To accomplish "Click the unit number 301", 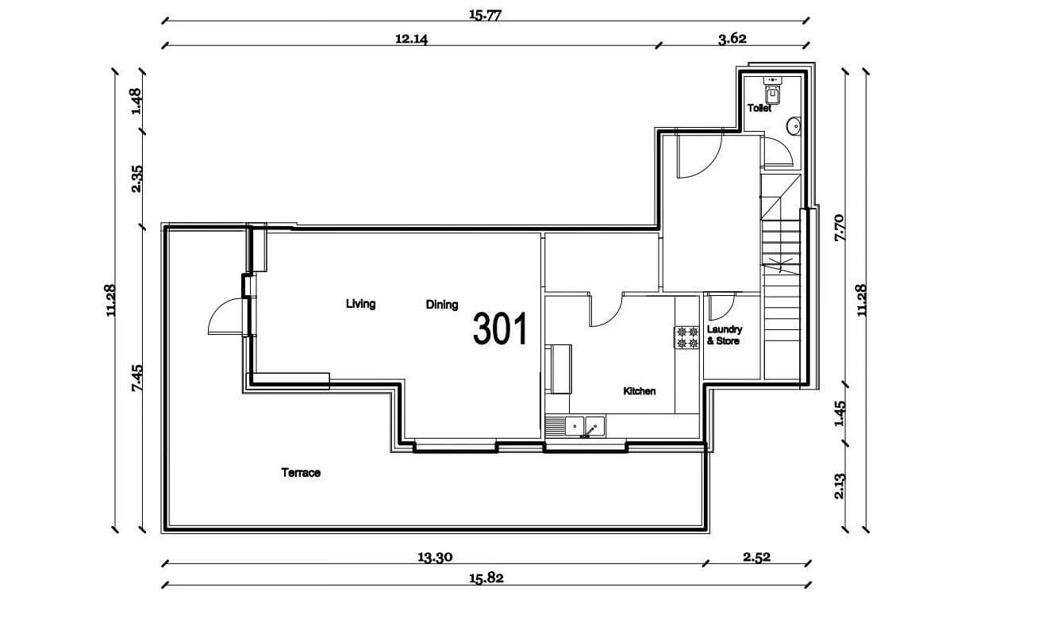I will (x=500, y=329).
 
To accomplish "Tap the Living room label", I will (x=360, y=304).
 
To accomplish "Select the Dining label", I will (x=442, y=305).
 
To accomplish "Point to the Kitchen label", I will (x=639, y=391).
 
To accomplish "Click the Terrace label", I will (x=301, y=473).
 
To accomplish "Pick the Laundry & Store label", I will (x=723, y=335).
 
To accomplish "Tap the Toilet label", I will (x=759, y=109).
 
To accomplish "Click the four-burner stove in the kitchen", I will (x=686, y=337).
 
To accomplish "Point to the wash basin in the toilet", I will (x=793, y=127).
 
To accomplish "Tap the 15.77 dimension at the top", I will (x=486, y=14).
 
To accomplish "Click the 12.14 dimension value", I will (x=411, y=39).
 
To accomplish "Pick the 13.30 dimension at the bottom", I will (x=435, y=557).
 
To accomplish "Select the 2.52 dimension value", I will (x=756, y=557).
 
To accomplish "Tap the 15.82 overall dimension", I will (x=486, y=578).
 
